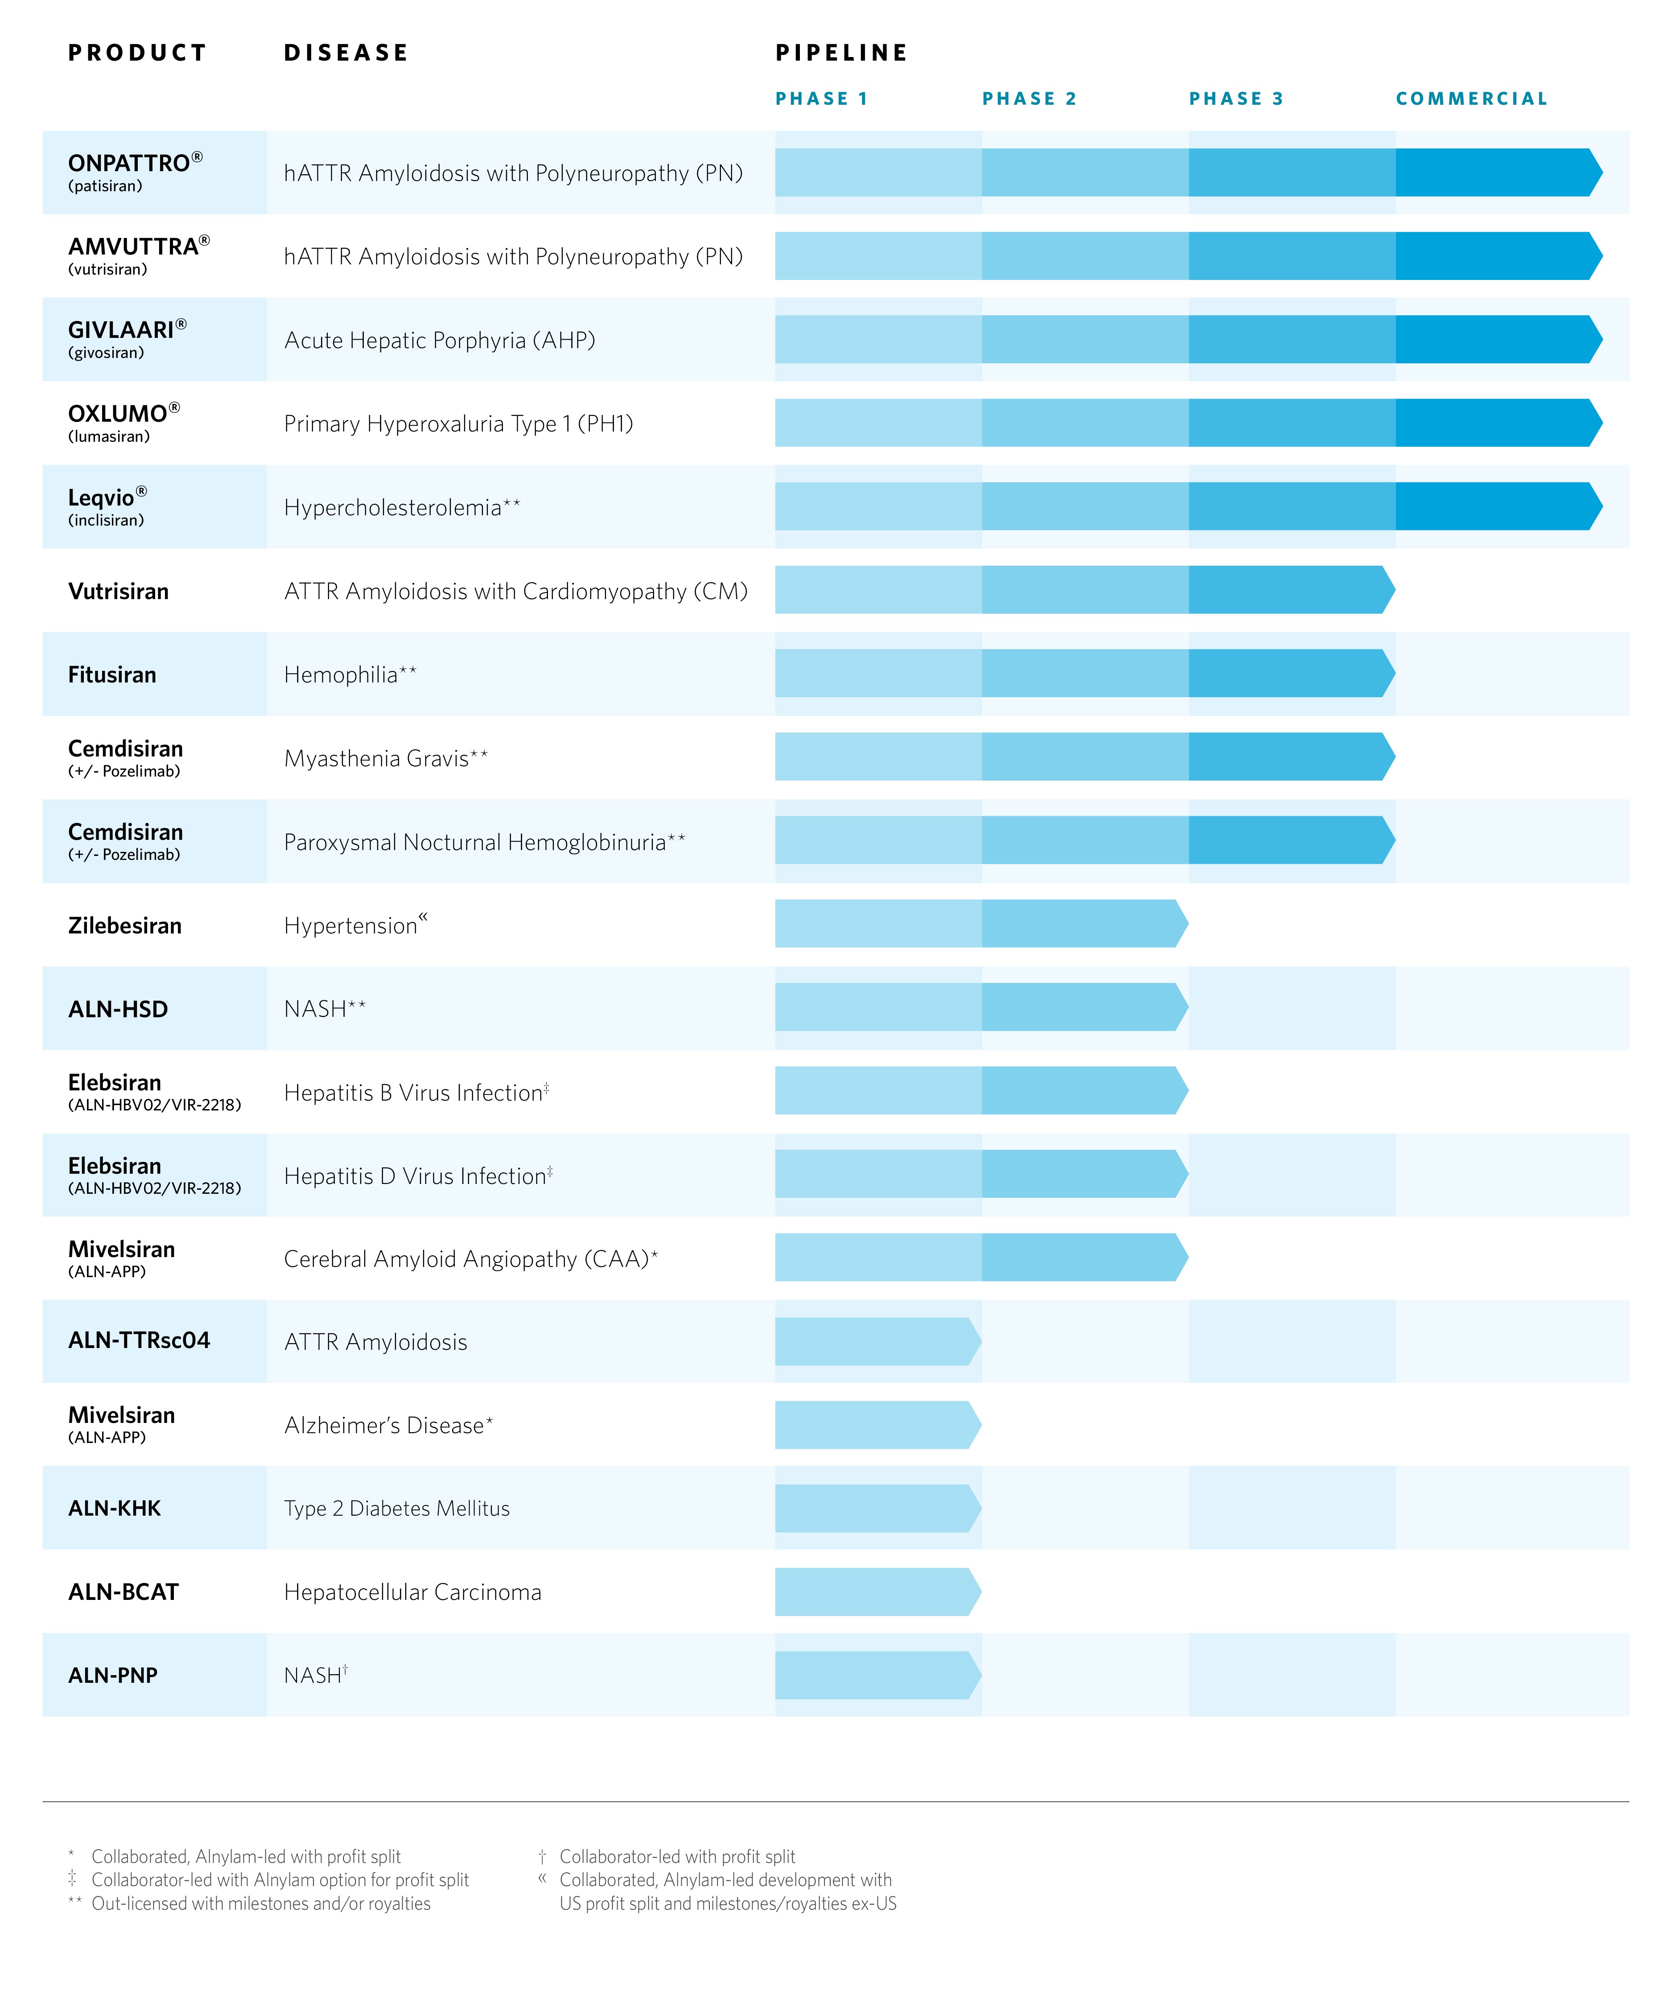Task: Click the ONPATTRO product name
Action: (x=129, y=163)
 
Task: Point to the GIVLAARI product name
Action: (x=121, y=330)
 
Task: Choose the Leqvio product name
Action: (x=101, y=497)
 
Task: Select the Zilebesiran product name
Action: (x=124, y=925)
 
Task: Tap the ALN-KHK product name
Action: (x=115, y=1509)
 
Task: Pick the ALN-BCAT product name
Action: (x=123, y=1591)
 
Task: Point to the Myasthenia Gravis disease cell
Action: (x=385, y=758)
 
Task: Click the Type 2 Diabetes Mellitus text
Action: (x=396, y=1509)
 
